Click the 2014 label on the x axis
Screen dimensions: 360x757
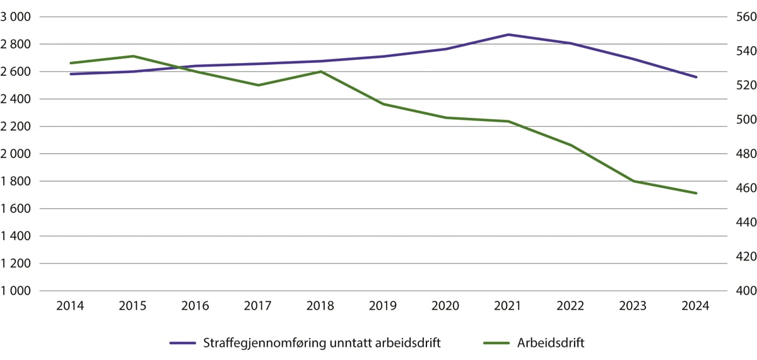(x=70, y=306)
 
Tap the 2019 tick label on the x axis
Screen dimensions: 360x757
(x=383, y=306)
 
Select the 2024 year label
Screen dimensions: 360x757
(x=696, y=306)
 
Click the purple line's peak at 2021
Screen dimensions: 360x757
(x=508, y=35)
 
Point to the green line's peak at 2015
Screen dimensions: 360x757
(x=132, y=56)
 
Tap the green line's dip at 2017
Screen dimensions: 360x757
(x=258, y=85)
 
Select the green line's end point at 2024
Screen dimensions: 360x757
(x=696, y=193)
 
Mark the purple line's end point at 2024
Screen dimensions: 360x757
(x=696, y=77)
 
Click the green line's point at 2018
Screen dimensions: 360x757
(x=320, y=71)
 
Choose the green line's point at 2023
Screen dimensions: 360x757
(x=633, y=181)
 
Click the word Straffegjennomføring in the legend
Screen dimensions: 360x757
(x=259, y=343)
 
